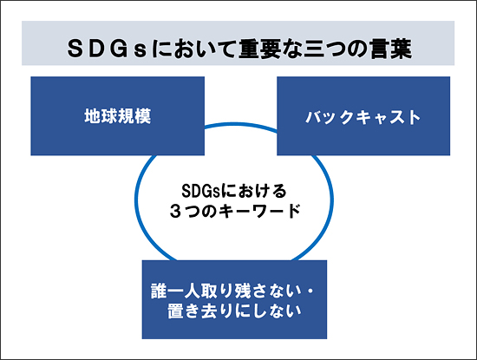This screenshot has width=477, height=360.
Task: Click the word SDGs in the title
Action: coord(108,49)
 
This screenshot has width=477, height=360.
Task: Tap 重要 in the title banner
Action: coord(260,49)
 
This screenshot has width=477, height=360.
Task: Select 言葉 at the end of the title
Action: coord(391,49)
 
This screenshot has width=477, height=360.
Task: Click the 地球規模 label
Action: coord(117,116)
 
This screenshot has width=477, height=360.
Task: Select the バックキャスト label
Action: coord(363,117)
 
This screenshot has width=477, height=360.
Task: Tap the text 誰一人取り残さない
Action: coord(226,291)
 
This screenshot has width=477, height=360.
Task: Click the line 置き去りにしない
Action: coord(234,311)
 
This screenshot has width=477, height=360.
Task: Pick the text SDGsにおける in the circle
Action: coord(234,191)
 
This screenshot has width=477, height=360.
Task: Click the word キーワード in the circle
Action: coord(259,211)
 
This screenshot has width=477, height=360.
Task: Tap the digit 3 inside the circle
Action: coord(175,211)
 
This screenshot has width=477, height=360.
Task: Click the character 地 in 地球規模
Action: coord(93,116)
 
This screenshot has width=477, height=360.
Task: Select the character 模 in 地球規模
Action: coord(143,116)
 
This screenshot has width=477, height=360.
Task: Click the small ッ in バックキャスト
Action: coord(330,119)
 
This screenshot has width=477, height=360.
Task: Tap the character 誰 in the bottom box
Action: coord(159,291)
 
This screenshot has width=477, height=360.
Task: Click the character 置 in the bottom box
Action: coord(175,311)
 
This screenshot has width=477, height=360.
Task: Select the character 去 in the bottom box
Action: coord(209,311)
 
